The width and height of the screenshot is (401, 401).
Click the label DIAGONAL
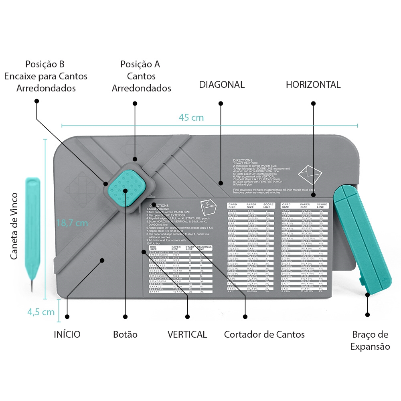point(222,85)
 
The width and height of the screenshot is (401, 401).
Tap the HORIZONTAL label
point(313,85)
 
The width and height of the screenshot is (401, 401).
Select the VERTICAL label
point(187,334)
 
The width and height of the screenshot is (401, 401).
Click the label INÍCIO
point(67,334)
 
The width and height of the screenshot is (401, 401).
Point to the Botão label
point(125,334)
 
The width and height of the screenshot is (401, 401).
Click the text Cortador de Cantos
point(264,334)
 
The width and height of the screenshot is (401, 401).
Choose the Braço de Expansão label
point(370,340)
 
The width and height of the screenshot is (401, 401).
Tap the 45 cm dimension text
point(191,117)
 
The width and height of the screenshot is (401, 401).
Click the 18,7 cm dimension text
point(72,223)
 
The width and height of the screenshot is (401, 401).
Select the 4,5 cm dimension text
point(41,312)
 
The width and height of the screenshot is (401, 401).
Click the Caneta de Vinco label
point(14,226)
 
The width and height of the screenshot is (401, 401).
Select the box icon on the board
point(208,207)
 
